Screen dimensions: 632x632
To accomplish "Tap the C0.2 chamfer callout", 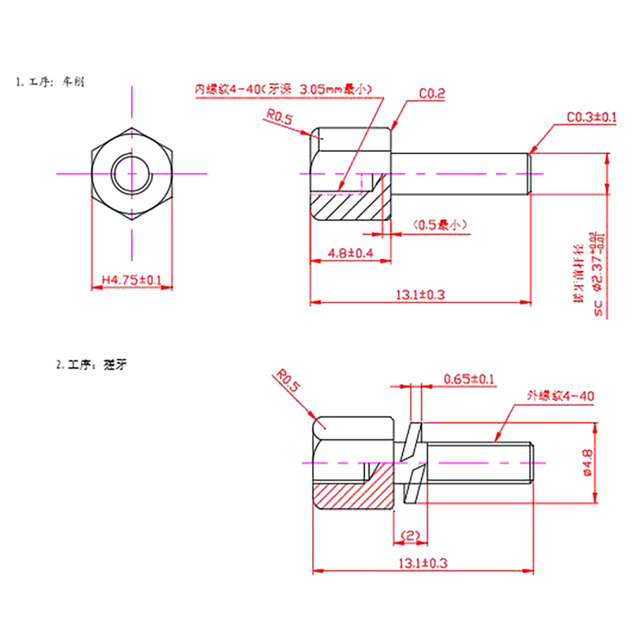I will (432, 94).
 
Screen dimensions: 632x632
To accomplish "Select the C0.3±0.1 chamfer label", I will (591, 117).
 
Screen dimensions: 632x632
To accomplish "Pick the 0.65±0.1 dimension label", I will (469, 379).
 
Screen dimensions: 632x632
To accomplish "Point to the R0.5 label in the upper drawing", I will (279, 119).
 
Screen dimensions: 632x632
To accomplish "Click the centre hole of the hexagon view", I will (132, 172).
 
